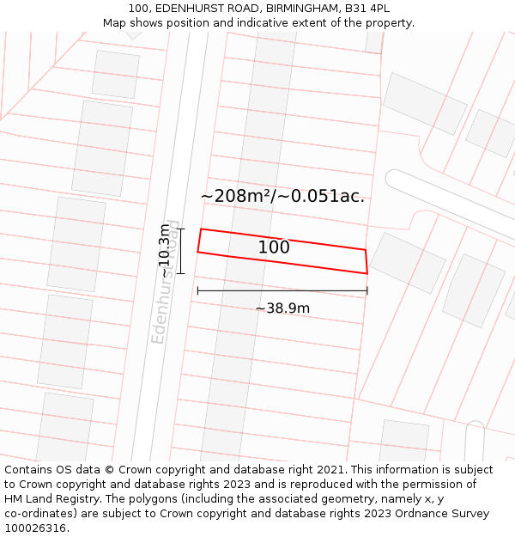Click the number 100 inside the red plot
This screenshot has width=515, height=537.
(274, 247)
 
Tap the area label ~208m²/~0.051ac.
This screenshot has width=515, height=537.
(282, 196)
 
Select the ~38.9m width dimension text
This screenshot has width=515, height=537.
(282, 308)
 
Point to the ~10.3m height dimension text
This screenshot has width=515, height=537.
(165, 251)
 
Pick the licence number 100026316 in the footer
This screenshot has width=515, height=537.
(34, 528)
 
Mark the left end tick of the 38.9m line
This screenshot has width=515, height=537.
(197, 290)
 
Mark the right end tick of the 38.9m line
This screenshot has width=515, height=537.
(367, 290)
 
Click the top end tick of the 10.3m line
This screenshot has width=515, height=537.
(180, 229)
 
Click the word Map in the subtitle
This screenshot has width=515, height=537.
(115, 23)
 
